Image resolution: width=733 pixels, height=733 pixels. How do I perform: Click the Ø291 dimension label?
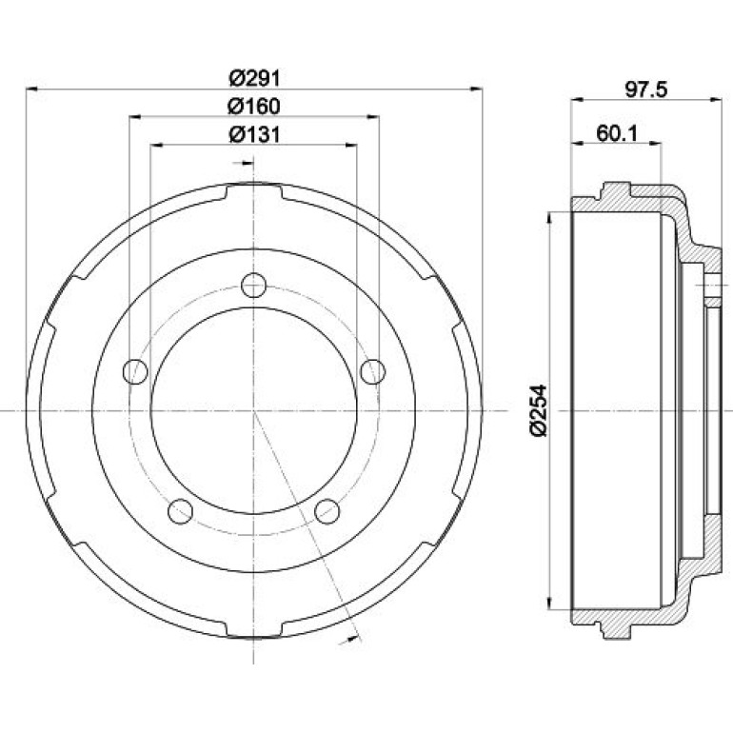click(x=254, y=78)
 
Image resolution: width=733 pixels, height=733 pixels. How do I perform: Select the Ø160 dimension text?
click(x=254, y=106)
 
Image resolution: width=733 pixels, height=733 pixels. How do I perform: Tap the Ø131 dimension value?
click(x=254, y=134)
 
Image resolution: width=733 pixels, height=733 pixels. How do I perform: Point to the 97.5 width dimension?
click(x=646, y=89)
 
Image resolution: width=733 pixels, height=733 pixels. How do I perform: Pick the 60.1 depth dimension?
click(x=617, y=133)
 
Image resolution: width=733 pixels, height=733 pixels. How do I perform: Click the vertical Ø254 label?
click(x=538, y=410)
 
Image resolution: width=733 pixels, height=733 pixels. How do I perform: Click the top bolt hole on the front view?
click(x=254, y=286)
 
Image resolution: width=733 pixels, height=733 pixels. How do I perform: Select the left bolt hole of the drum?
click(x=135, y=371)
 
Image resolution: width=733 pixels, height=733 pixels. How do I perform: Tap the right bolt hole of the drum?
click(x=373, y=371)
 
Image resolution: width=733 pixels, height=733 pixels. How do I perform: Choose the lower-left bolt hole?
click(x=181, y=511)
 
